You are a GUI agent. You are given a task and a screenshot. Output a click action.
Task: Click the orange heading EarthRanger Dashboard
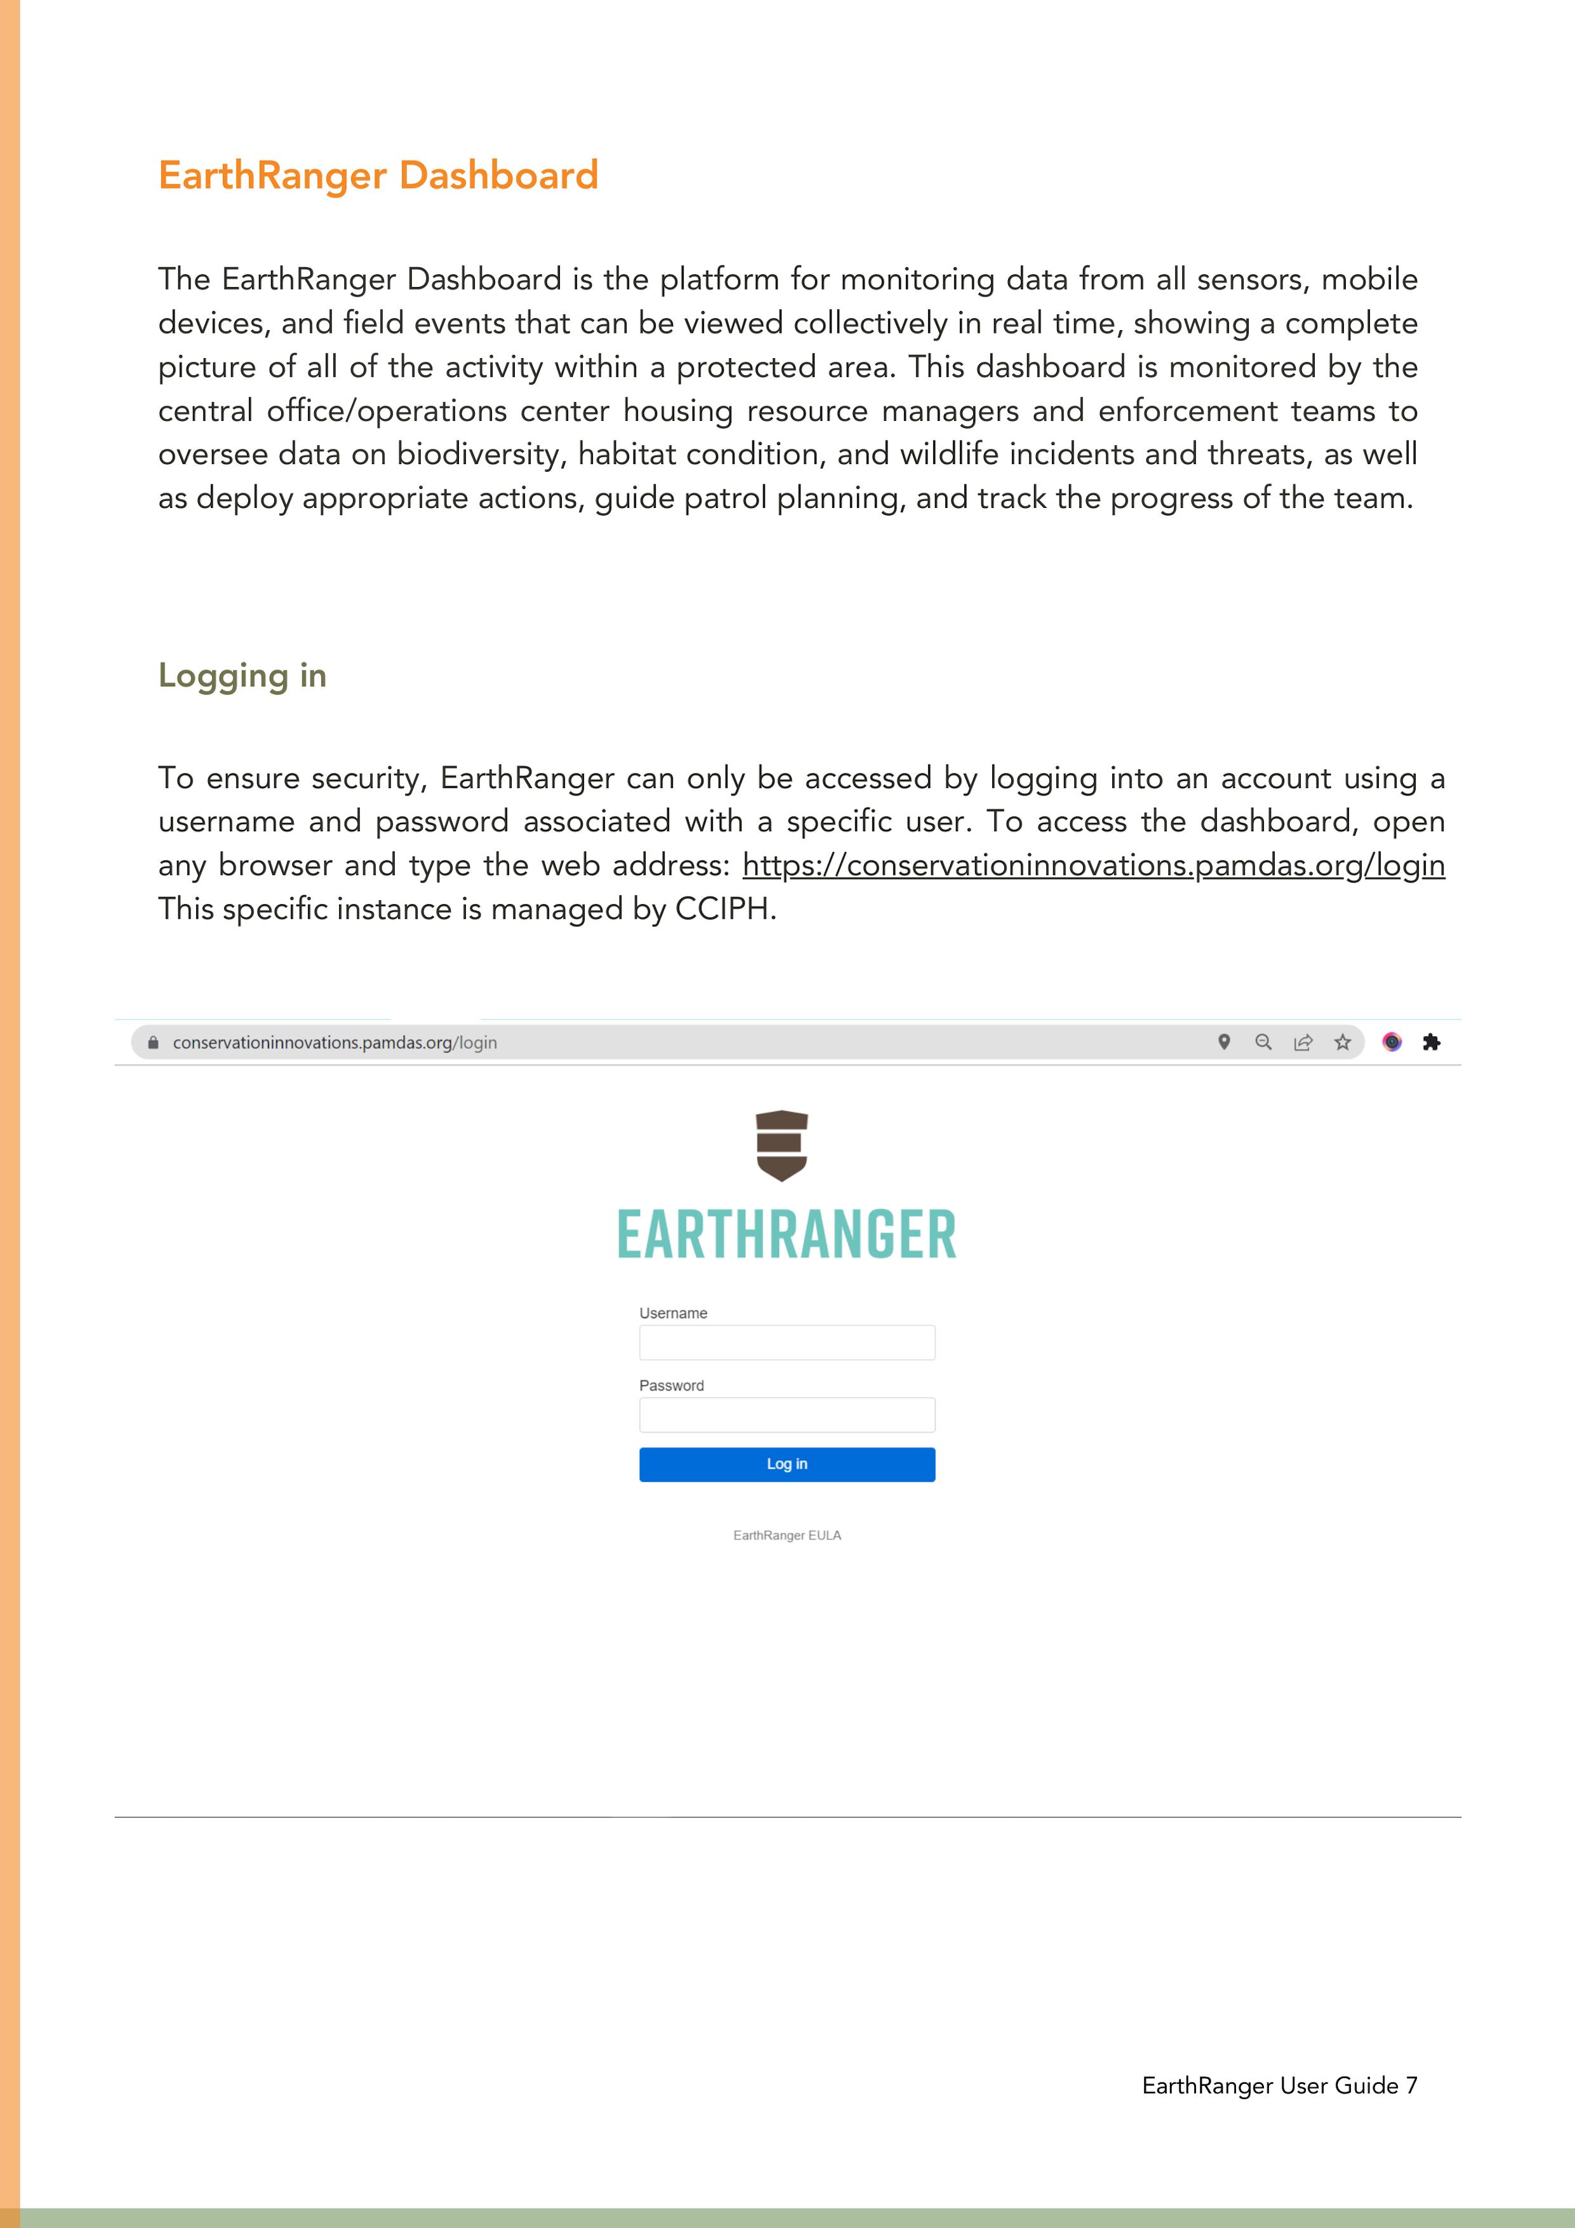click(x=378, y=176)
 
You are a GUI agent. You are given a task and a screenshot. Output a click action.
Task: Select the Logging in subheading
click(x=242, y=676)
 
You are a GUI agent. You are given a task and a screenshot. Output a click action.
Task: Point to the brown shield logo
click(x=781, y=1145)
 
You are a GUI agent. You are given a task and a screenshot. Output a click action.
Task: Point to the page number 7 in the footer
click(x=1411, y=2085)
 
